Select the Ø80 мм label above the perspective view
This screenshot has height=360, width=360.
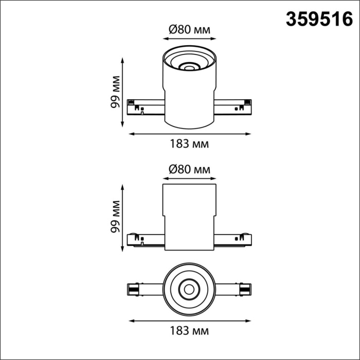point(189,30)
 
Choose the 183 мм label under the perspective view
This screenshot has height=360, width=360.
point(189,144)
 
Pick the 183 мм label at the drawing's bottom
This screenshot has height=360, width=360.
point(189,330)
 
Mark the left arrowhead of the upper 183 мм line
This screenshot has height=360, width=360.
point(130,134)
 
